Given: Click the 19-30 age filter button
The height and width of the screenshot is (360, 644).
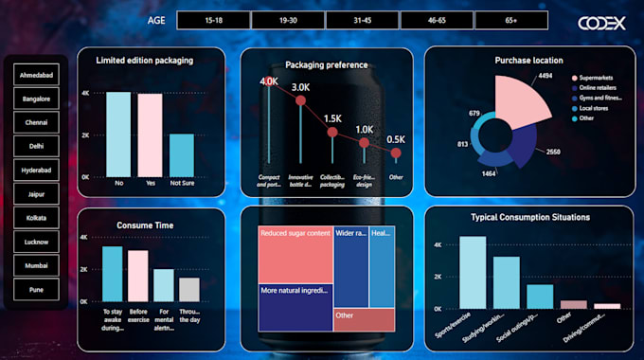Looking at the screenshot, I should click(x=287, y=20).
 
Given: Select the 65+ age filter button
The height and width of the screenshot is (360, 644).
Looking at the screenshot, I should click(x=510, y=20).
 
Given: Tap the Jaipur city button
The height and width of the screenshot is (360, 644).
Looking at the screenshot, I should click(x=36, y=193).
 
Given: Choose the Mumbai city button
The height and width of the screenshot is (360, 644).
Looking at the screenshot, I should click(x=36, y=265).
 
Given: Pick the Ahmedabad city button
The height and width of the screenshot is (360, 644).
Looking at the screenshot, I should click(x=36, y=74).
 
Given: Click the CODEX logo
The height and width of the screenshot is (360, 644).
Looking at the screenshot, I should click(x=601, y=23).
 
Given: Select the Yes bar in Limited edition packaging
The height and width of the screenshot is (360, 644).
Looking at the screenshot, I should click(x=150, y=135).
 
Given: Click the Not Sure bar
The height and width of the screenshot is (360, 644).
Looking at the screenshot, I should click(x=182, y=154).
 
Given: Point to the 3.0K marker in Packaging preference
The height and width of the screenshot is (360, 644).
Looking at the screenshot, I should click(x=301, y=99).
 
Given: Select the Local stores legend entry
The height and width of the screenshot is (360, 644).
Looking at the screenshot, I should click(x=595, y=109).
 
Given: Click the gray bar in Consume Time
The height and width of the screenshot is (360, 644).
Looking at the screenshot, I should click(x=189, y=289).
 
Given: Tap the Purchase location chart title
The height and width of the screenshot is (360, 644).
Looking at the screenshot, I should click(x=528, y=61).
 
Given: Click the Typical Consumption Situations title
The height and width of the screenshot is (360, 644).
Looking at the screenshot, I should click(x=530, y=217).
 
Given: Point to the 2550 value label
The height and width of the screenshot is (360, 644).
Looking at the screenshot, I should click(x=552, y=152).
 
